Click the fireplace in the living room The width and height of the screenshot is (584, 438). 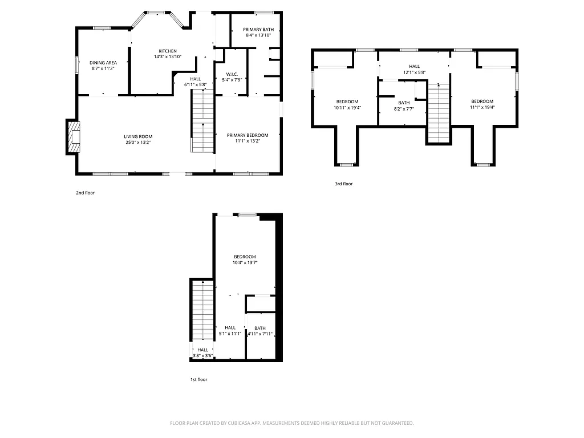click(x=74, y=137)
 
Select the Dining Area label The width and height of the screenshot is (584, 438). click(x=103, y=62)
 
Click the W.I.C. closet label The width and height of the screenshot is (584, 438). click(x=232, y=74)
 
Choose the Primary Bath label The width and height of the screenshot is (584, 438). click(x=258, y=29)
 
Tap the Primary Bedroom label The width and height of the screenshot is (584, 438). click(x=244, y=135)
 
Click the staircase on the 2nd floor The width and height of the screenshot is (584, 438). click(x=202, y=122)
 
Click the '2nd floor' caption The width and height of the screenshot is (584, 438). click(x=86, y=193)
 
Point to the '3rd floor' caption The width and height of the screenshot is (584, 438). click(x=344, y=184)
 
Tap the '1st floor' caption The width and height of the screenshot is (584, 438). click(x=199, y=379)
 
